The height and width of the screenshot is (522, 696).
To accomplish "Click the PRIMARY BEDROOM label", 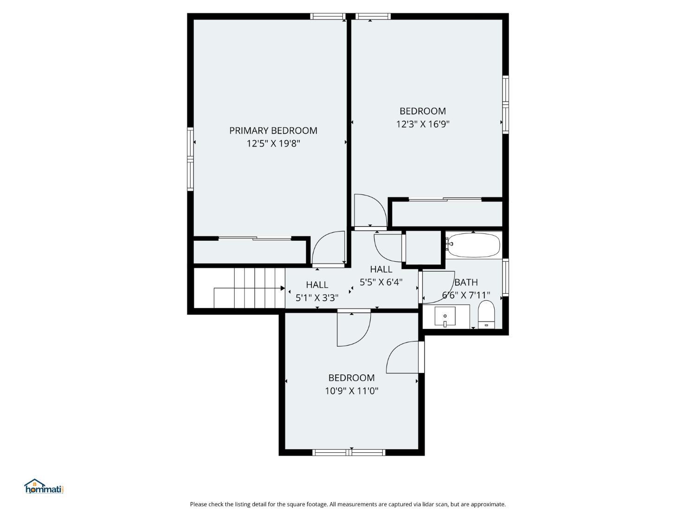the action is click(x=273, y=130).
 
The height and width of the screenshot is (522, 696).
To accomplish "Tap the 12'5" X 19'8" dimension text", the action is click(x=273, y=143).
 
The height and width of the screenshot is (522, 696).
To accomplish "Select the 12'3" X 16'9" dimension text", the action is click(x=423, y=124).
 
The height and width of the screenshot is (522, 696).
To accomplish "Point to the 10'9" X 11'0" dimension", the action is click(x=352, y=391).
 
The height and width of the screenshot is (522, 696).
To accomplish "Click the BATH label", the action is click(x=466, y=282).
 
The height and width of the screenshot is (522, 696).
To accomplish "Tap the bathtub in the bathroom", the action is click(x=473, y=245).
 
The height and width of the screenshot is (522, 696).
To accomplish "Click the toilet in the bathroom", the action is click(x=486, y=315).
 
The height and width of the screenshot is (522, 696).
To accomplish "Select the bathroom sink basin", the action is click(x=445, y=316).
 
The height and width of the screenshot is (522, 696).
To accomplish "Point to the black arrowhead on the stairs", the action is click(x=283, y=288).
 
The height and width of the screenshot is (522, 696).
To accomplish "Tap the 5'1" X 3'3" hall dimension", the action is click(x=317, y=297).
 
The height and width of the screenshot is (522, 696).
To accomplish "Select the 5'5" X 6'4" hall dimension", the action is click(x=381, y=282).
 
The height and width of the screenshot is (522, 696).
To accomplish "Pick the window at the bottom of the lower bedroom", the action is click(x=349, y=452).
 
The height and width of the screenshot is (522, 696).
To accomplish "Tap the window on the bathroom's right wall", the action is click(x=505, y=277).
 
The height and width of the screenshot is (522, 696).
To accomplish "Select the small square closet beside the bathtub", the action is click(x=423, y=247).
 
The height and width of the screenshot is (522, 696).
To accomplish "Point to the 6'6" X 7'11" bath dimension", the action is click(x=466, y=296).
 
